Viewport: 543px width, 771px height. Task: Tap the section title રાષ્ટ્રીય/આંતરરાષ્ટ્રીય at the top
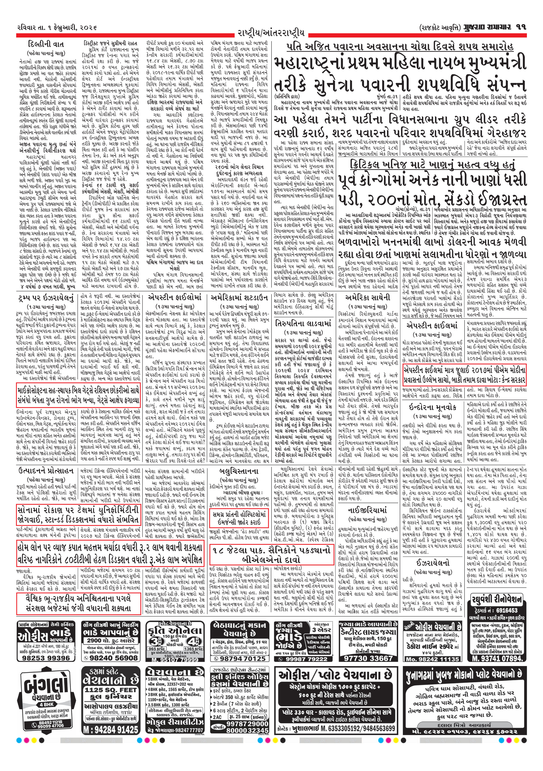271,33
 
